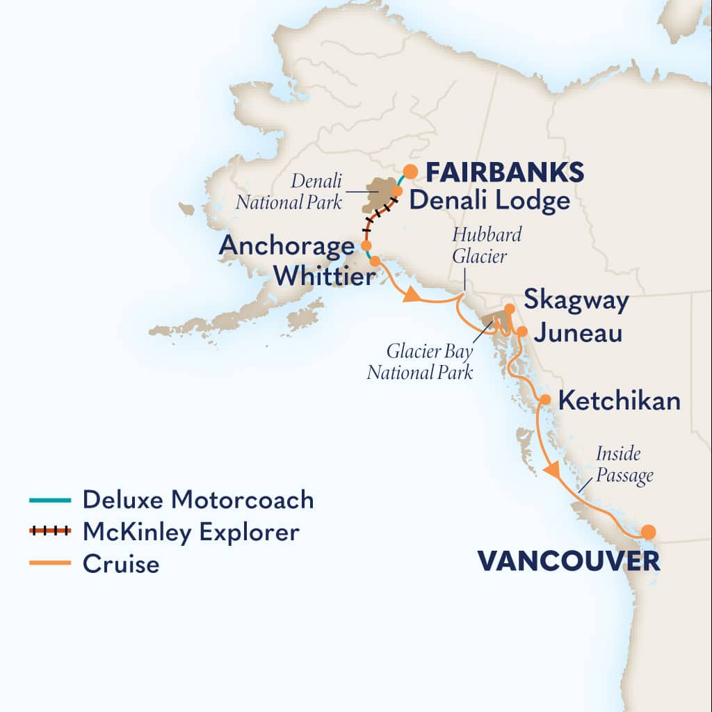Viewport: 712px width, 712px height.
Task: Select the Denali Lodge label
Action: (489, 201)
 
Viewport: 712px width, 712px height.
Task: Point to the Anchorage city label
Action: (286, 246)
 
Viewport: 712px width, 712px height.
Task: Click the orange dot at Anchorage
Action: (366, 245)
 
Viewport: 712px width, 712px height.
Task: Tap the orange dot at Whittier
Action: (375, 261)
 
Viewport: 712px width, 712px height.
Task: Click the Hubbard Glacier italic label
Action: (486, 244)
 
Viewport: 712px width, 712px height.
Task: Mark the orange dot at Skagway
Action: (510, 308)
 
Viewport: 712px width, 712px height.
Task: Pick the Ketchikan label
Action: (620, 401)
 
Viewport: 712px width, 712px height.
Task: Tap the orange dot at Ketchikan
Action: (546, 400)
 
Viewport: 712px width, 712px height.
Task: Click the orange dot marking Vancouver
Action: (648, 532)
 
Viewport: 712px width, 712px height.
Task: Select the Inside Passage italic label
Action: (624, 465)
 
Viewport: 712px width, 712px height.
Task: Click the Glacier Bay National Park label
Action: (420, 360)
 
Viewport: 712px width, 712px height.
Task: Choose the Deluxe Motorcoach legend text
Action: (198, 499)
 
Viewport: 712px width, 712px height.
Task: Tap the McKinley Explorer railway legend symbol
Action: (49, 531)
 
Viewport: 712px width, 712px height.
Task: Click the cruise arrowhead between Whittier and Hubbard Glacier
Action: (412, 296)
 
